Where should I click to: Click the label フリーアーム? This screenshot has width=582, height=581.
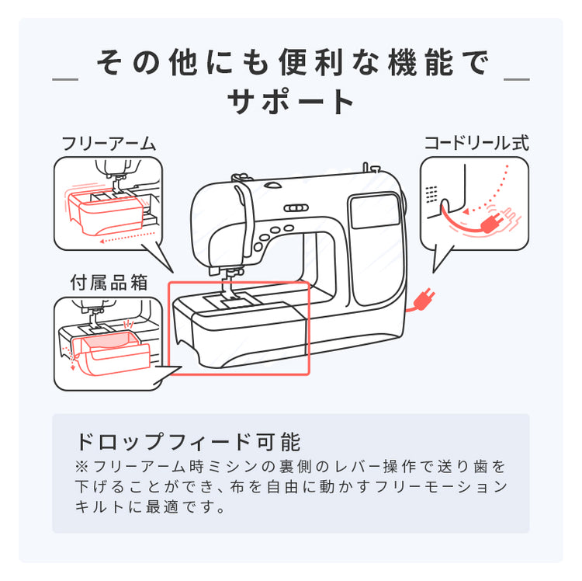click(x=108, y=144)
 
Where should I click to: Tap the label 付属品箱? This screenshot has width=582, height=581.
click(x=108, y=282)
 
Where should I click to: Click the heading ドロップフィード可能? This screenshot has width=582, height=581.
click(x=187, y=441)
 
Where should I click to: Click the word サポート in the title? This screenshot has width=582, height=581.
click(x=291, y=102)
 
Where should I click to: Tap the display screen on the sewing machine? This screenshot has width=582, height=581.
click(x=376, y=210)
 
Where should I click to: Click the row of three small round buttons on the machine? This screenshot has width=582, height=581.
click(x=295, y=208)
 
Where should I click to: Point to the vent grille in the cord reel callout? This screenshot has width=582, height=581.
click(x=431, y=193)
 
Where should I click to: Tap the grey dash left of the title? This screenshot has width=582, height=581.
click(x=64, y=79)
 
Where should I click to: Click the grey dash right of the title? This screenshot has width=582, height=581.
click(x=517, y=79)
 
